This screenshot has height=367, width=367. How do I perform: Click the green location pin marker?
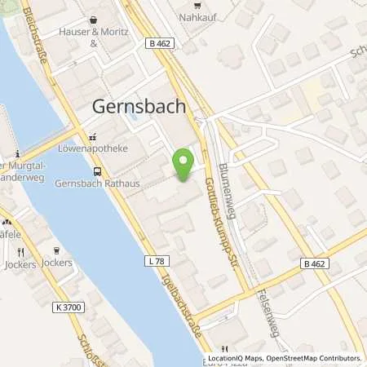[184, 161]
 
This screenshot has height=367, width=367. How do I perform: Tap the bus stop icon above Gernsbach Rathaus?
[98, 171]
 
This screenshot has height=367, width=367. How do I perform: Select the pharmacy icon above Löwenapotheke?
[92, 138]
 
